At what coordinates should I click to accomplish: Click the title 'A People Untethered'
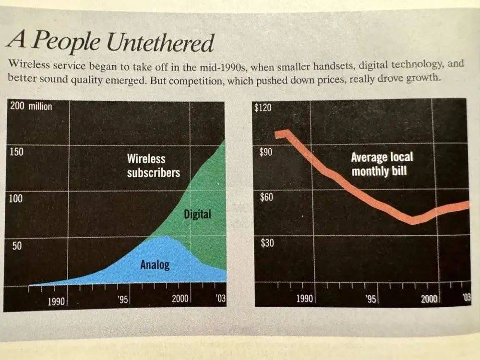[110, 42]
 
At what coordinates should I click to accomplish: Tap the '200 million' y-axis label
[31, 106]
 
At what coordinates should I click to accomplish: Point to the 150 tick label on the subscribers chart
[16, 151]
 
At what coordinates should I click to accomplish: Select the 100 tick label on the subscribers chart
[16, 199]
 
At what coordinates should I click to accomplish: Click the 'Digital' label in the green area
[197, 214]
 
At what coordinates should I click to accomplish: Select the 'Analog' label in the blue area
[155, 264]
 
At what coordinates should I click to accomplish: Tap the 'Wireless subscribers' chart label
[153, 165]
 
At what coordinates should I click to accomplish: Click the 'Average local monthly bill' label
[382, 164]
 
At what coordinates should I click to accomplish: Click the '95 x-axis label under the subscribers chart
[124, 300]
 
